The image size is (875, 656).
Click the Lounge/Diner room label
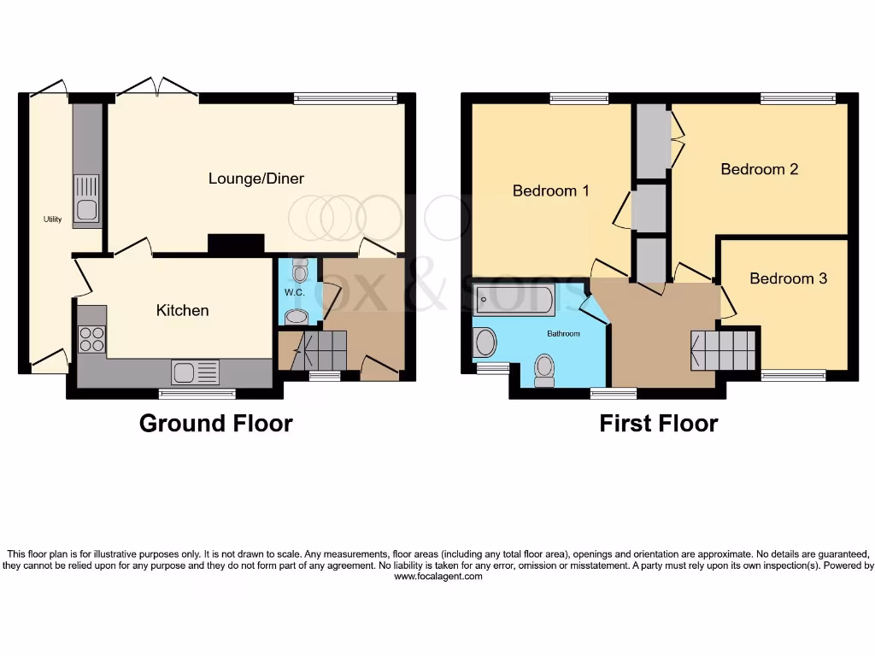coord(256,179)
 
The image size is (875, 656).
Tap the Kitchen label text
coord(182,310)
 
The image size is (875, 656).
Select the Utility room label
coord(53,220)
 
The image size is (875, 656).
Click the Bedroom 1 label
coord(550,190)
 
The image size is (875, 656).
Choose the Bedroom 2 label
coord(759,169)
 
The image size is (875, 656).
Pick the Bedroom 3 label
coord(788,278)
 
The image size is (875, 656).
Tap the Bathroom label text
coord(563,333)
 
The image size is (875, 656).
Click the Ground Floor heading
coord(215,423)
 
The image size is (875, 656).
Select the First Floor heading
coord(658,423)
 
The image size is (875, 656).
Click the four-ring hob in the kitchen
coord(92,340)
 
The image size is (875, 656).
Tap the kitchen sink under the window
coord(195,372)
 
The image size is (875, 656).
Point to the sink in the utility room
coord(86,199)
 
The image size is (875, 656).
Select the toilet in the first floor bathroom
coord(544,371)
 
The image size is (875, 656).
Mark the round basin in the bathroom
coord(484,343)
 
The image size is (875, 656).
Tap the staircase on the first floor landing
coord(725,348)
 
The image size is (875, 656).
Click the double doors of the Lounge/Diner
coord(154,89)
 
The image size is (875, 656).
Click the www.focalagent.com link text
coord(437,577)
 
